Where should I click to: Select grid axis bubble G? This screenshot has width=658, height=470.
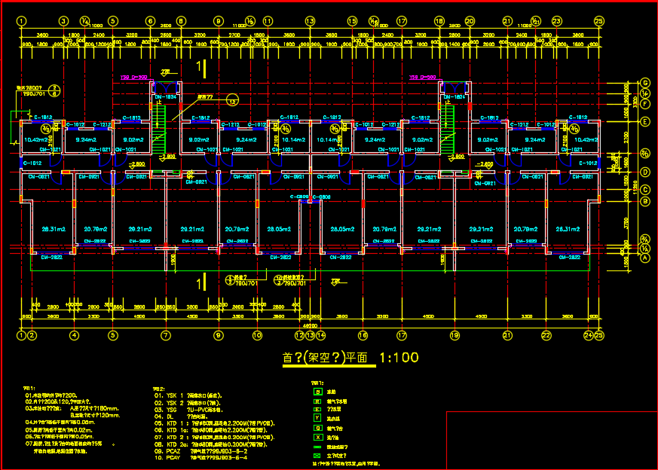coord(645,82)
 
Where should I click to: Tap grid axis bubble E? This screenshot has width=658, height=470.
coord(645,121)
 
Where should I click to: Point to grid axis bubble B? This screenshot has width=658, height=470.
coord(645,201)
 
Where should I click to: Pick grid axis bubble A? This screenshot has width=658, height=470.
coord(645,257)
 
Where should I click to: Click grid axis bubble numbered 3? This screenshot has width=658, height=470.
coord(63,21)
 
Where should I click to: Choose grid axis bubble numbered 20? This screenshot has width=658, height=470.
coord(470,21)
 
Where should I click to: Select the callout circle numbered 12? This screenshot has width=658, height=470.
coord(233,100)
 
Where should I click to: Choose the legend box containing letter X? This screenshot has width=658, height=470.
coord(316,437)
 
